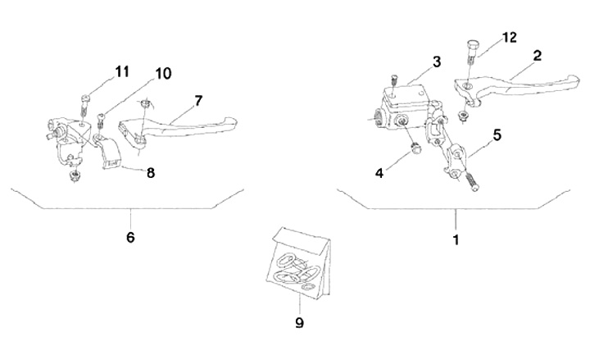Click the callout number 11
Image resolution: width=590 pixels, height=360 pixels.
(x=121, y=72)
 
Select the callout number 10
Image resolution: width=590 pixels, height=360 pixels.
(x=162, y=74)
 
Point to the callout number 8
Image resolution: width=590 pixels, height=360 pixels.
(x=149, y=173)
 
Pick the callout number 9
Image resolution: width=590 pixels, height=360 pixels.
(x=299, y=322)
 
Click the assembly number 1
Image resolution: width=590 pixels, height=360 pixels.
(x=456, y=241)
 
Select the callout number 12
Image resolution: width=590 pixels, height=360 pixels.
(x=509, y=38)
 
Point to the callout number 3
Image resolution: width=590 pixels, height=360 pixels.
(x=437, y=62)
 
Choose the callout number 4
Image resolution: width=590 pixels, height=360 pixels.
(x=379, y=173)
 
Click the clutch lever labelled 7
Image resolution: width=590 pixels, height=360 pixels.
(x=184, y=128)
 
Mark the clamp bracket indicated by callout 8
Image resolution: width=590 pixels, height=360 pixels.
(x=109, y=155)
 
